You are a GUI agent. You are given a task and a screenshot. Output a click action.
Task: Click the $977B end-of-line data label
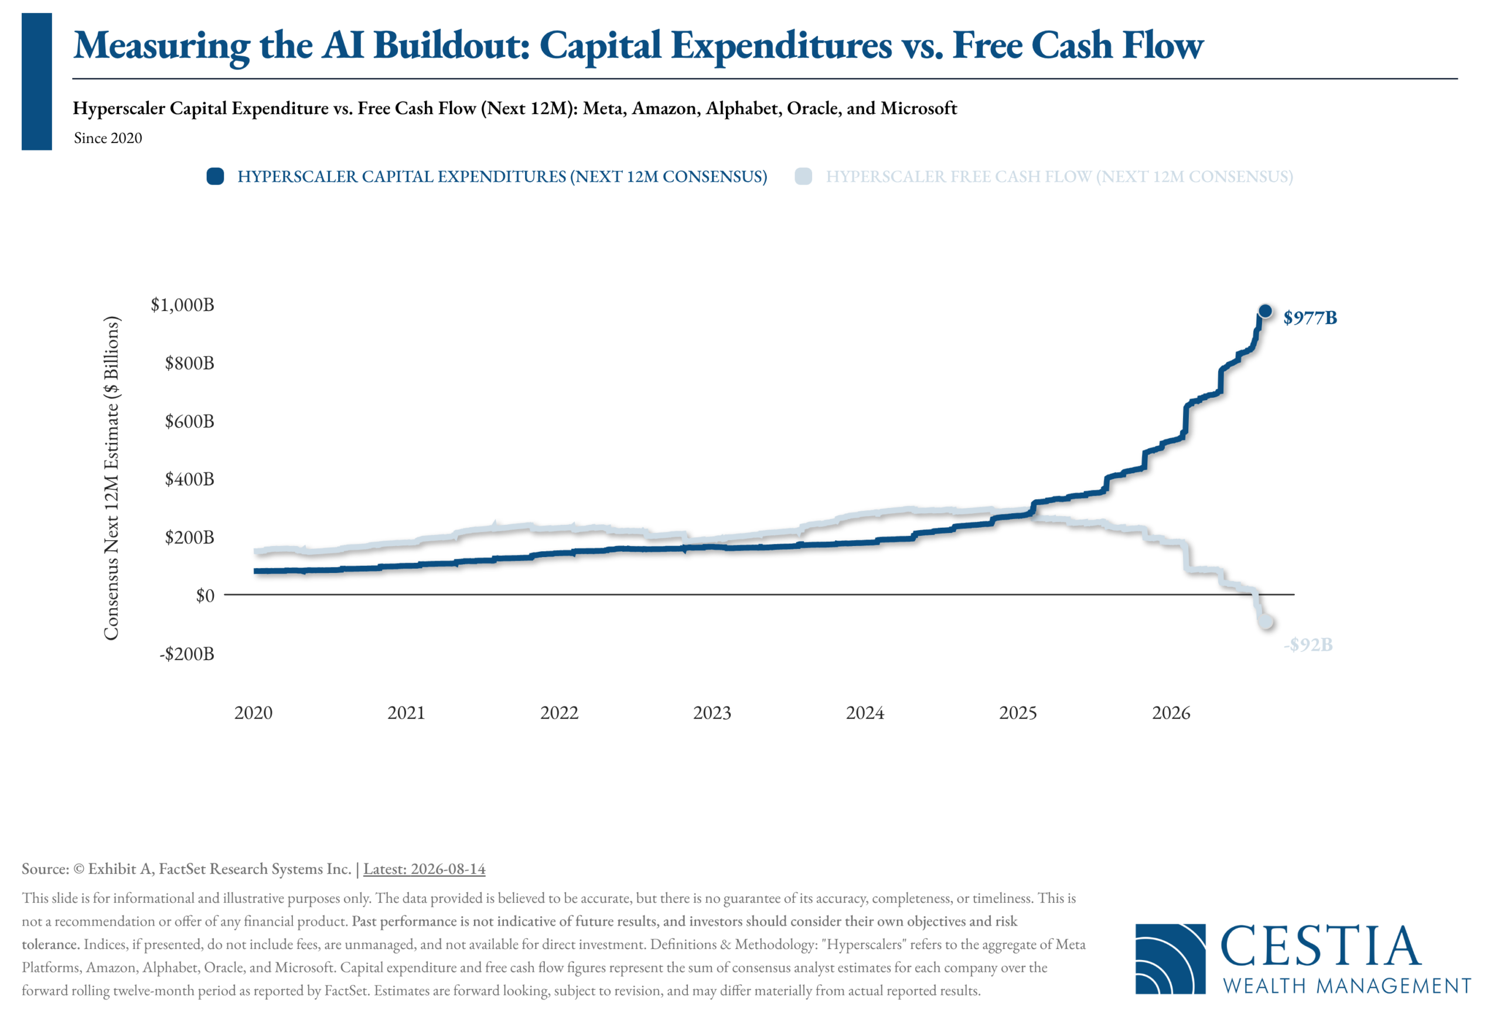tap(1310, 317)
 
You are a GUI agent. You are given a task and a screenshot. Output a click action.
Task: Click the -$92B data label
tap(1308, 644)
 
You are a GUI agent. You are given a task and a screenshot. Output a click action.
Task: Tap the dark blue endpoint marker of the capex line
tap(1265, 311)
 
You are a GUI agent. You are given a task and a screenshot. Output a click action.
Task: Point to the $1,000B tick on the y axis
tap(182, 305)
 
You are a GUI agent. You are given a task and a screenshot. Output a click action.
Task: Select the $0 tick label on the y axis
tap(205, 595)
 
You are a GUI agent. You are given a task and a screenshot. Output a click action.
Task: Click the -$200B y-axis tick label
tap(186, 653)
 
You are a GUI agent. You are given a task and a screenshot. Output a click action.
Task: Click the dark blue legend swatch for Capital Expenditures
tap(215, 176)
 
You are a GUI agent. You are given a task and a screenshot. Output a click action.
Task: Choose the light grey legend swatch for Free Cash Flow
tap(803, 176)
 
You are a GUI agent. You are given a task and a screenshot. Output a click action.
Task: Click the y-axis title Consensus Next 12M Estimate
tap(112, 478)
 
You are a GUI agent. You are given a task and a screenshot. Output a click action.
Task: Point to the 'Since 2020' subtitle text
tap(108, 138)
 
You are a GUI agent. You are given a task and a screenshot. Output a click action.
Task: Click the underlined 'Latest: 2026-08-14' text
tap(424, 869)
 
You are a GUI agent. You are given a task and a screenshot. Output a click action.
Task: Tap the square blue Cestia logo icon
tap(1170, 958)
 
